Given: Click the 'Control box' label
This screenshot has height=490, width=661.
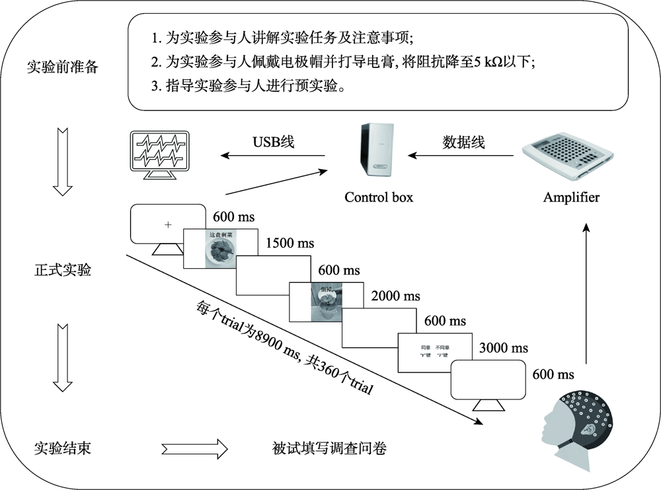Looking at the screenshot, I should click(x=379, y=197).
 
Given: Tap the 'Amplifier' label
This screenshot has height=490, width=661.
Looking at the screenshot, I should click(x=571, y=197).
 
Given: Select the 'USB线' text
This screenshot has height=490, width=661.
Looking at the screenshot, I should click(x=274, y=141).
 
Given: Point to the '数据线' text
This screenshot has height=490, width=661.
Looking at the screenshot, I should click(x=463, y=142).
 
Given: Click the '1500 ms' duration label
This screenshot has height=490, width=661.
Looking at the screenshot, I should click(x=290, y=244).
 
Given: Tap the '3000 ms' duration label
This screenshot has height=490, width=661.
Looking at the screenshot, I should click(x=504, y=347).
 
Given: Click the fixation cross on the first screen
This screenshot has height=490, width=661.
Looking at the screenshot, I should click(x=168, y=225).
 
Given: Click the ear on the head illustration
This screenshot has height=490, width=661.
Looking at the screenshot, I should click(x=585, y=429).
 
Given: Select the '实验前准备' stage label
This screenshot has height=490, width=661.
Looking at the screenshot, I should click(x=63, y=67).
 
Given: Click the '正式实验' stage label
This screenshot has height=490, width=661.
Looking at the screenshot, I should click(x=63, y=270).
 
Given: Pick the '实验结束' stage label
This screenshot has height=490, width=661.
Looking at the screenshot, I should click(x=63, y=450).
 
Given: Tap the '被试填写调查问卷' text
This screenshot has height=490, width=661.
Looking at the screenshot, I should click(x=329, y=450).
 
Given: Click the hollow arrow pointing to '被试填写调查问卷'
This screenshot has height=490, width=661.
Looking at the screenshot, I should click(x=194, y=450).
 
